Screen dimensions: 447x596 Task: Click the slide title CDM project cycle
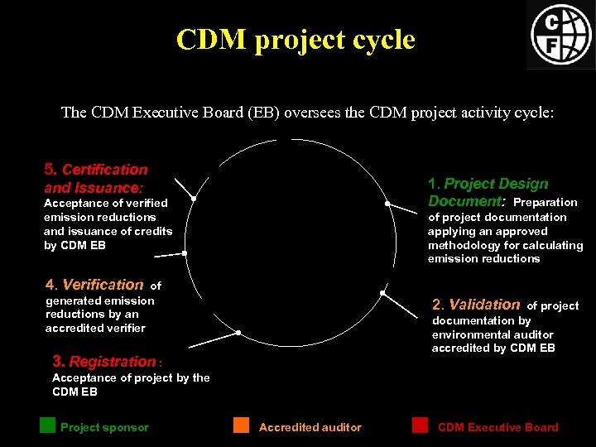tap(296, 39)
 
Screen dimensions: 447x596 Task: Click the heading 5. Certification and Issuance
tap(95, 179)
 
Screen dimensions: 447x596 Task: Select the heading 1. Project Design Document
tap(488, 192)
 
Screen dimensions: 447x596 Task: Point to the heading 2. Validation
tap(476, 305)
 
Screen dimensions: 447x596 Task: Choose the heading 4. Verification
tap(94, 285)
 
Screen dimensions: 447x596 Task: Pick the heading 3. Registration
tap(103, 362)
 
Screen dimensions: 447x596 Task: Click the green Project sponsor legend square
tap(47, 425)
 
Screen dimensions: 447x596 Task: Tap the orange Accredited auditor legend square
tap(241, 425)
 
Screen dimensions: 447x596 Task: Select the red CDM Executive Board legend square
tap(421, 425)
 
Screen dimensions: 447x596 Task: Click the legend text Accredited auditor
tap(310, 428)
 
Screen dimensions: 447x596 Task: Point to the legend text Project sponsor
tap(104, 428)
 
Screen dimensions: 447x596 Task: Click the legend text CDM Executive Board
tap(498, 428)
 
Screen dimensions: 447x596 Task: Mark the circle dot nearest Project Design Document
tap(387, 204)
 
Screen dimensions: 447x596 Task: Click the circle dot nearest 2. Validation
tap(382, 292)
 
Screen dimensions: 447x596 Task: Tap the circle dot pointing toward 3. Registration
tap(238, 333)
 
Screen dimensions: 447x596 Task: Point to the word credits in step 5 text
tap(155, 231)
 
